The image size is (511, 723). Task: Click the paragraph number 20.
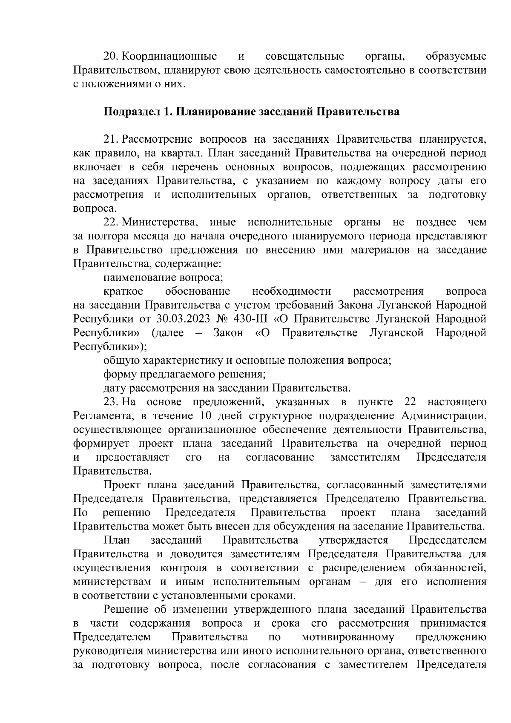111,57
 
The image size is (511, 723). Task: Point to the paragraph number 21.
111,140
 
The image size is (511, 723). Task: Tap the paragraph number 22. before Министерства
111,222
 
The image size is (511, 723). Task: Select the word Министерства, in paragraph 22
160,222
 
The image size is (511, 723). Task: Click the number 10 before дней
201,416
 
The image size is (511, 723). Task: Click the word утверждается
353,540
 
